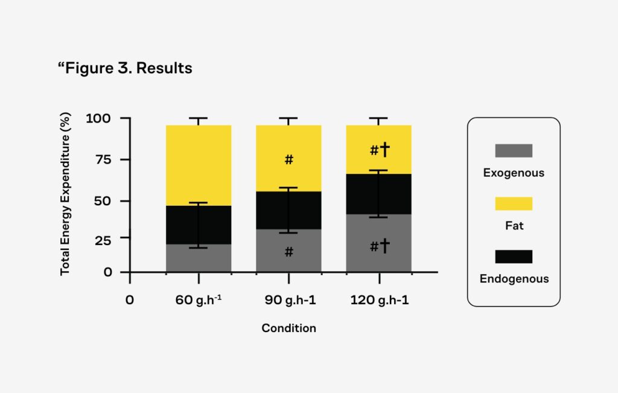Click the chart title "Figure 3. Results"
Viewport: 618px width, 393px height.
pyautogui.click(x=125, y=68)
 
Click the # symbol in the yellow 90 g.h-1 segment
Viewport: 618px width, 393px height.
pyautogui.click(x=288, y=160)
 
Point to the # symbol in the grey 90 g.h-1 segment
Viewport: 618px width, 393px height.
pyautogui.click(x=288, y=252)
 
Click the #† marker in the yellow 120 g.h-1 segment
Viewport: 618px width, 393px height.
pyautogui.click(x=380, y=150)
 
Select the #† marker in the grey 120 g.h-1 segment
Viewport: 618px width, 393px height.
pyautogui.click(x=380, y=246)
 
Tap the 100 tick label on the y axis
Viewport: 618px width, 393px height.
pyautogui.click(x=99, y=118)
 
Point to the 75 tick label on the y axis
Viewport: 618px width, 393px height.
pyautogui.click(x=103, y=159)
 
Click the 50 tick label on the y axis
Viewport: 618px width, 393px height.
pyautogui.click(x=103, y=200)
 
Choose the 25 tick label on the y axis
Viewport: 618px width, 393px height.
pyautogui.click(x=103, y=240)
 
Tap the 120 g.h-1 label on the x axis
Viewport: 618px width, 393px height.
pyautogui.click(x=379, y=300)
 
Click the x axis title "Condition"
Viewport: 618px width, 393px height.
pyautogui.click(x=288, y=328)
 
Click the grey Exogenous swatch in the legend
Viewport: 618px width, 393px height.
pyautogui.click(x=513, y=150)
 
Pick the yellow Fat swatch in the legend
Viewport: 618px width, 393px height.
pyautogui.click(x=513, y=203)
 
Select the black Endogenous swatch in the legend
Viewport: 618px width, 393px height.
pyautogui.click(x=513, y=257)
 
